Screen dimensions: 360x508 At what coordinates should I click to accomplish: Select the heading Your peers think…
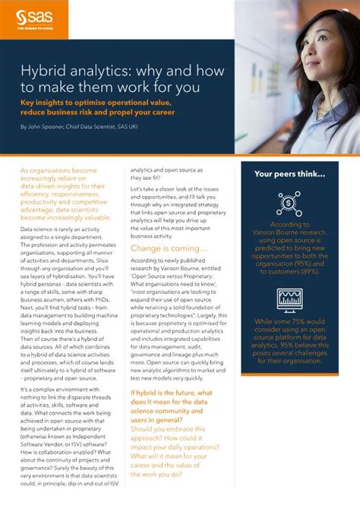tap(289, 174)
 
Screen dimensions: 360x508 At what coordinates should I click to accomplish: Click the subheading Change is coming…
tap(169, 227)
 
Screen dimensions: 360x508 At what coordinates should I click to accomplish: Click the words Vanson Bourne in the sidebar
tap(276, 232)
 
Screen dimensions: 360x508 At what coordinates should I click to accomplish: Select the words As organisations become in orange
tap(58, 172)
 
